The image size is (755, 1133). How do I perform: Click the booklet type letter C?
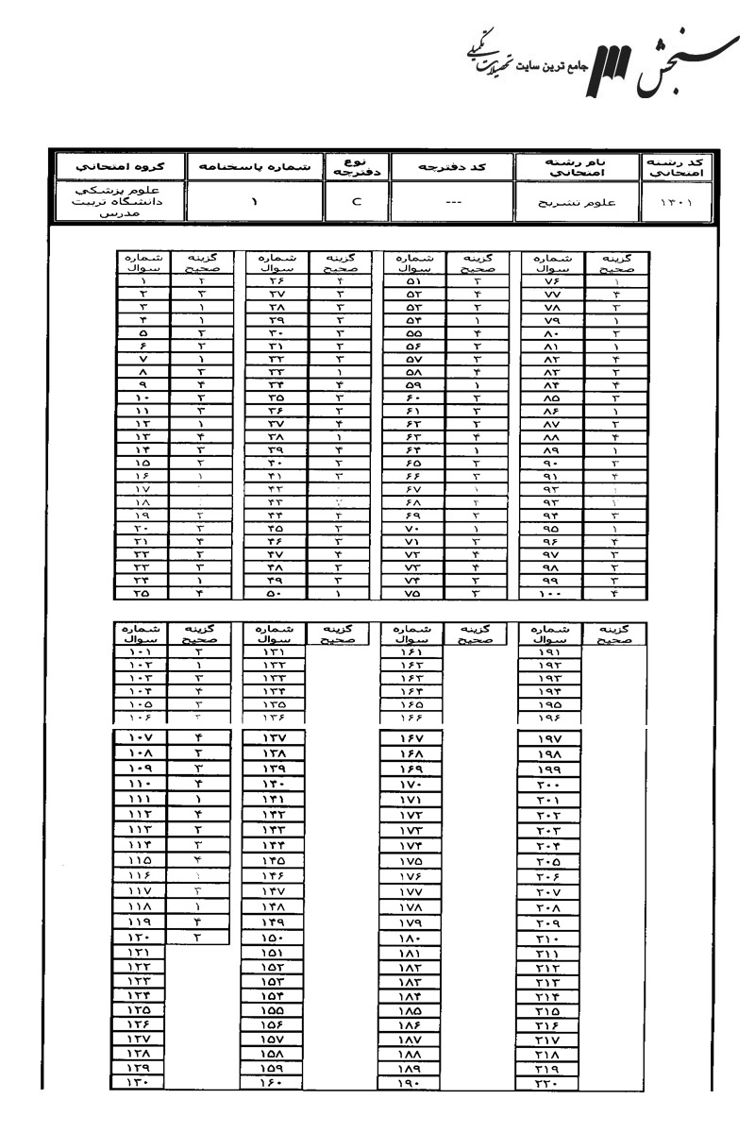click(357, 201)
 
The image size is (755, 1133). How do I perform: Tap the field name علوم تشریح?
click(576, 202)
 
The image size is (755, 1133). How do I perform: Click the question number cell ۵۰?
click(276, 594)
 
